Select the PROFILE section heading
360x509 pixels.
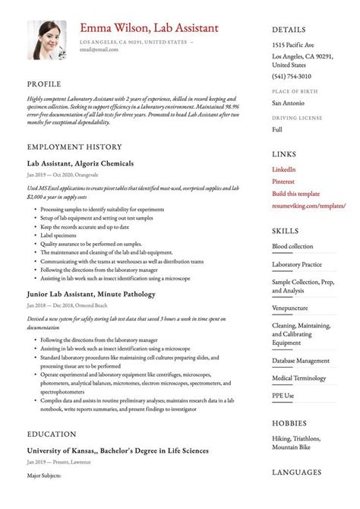[x=43, y=84]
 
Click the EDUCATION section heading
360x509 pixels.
[x=51, y=434]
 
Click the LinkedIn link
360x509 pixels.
[x=283, y=169]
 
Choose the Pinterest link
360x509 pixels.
[x=284, y=182]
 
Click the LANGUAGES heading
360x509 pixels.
[x=296, y=473]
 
